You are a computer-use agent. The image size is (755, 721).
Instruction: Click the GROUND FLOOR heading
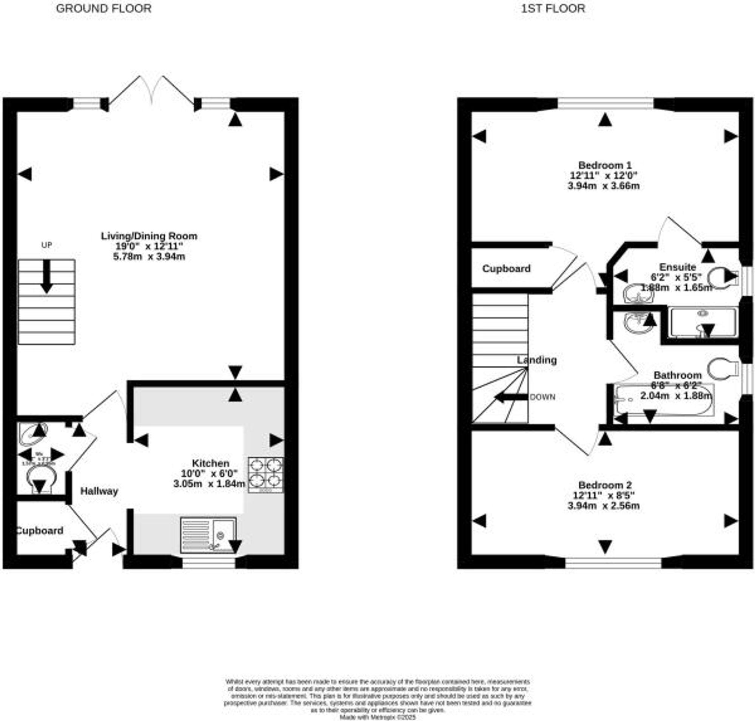tap(103, 8)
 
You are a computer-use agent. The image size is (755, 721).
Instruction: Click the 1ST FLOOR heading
tap(553, 8)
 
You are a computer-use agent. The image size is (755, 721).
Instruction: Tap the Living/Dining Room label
tap(149, 236)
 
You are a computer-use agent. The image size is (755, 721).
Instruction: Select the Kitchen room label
tap(211, 463)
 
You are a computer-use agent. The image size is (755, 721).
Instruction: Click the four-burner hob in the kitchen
tap(266, 475)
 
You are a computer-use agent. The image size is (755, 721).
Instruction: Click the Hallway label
tap(99, 491)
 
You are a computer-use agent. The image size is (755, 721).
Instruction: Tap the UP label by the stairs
tap(46, 245)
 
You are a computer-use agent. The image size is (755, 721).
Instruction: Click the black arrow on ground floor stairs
tap(46, 277)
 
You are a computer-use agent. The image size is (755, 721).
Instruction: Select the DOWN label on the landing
tap(542, 397)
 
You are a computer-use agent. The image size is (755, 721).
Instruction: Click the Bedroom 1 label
tap(605, 165)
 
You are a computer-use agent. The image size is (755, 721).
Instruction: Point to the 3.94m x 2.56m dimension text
tap(604, 505)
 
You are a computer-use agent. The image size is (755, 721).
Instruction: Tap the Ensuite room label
tap(677, 267)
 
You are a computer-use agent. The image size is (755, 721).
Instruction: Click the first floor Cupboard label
tap(506, 268)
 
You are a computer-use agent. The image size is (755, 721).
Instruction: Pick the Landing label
tap(537, 360)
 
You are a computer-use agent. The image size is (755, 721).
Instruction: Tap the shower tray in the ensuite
tap(703, 322)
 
